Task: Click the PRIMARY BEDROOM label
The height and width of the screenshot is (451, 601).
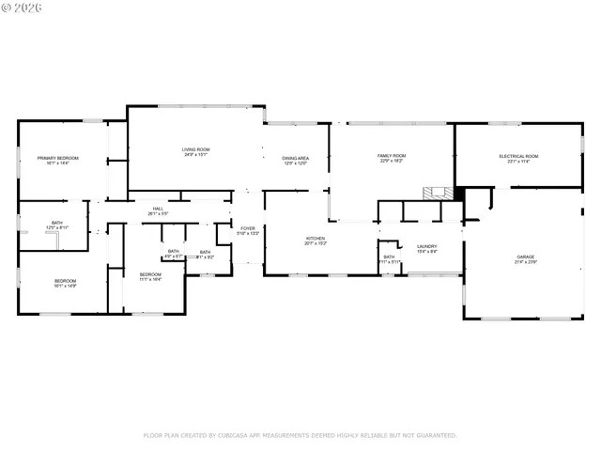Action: tap(57, 157)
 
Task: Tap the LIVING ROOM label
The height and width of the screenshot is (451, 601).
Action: tap(195, 149)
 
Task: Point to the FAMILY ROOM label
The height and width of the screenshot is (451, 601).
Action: tap(391, 155)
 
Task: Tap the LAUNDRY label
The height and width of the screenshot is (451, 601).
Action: tap(427, 246)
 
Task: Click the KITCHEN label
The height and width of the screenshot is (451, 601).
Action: tap(315, 239)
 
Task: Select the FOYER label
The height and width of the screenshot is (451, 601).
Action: tap(248, 228)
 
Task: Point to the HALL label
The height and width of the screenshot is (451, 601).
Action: tap(158, 209)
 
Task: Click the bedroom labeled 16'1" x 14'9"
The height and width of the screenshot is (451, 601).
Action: tap(64, 281)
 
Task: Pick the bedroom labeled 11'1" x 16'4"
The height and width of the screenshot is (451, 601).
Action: tap(150, 273)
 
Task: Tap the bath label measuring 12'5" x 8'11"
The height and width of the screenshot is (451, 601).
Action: tap(56, 223)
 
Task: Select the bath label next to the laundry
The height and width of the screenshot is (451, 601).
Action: tap(389, 257)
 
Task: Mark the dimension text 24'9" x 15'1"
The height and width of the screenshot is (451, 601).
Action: tap(195, 155)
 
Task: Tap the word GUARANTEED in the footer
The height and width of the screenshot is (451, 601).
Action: tap(437, 435)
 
